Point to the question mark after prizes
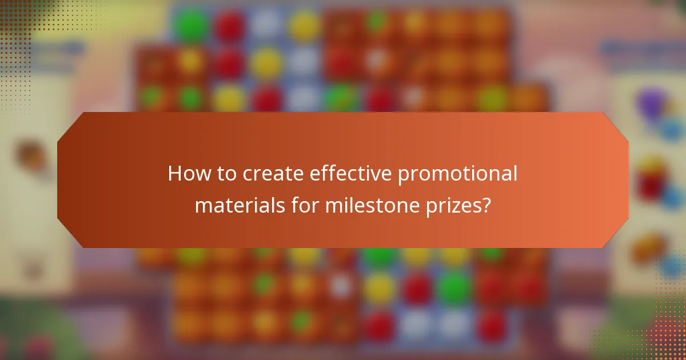tap(486, 204)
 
